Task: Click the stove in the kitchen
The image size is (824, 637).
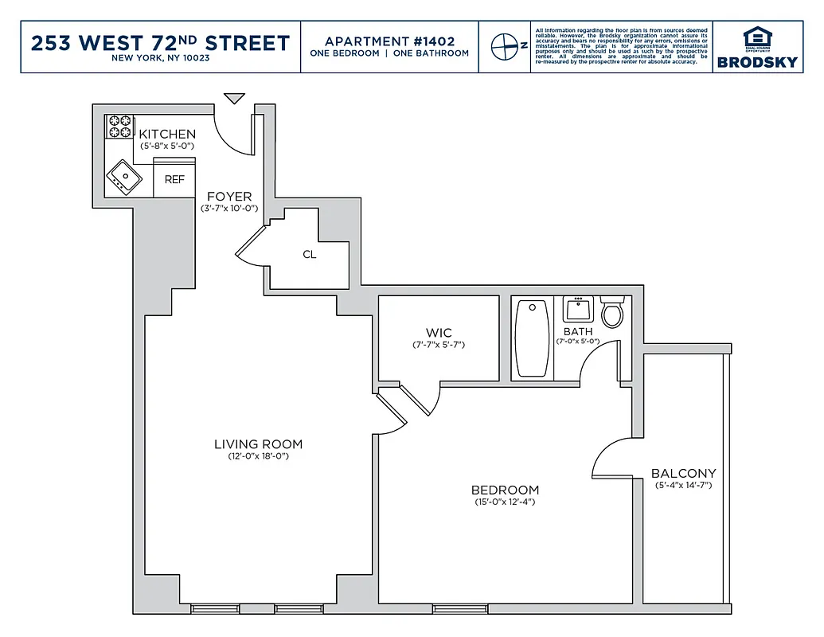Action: (x=119, y=127)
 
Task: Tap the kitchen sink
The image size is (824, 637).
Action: (x=124, y=176)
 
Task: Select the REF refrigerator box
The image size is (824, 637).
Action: (x=174, y=180)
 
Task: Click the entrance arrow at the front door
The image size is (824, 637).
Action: (x=233, y=99)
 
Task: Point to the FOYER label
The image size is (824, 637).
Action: (x=229, y=197)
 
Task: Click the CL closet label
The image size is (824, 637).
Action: (x=310, y=255)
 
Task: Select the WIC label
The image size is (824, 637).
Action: (x=439, y=333)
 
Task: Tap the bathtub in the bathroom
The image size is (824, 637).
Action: (x=532, y=338)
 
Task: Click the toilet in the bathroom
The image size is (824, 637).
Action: (x=612, y=313)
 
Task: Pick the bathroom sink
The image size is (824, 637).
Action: (x=578, y=309)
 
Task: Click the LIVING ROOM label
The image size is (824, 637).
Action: (x=258, y=444)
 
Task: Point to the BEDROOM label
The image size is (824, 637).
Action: (x=505, y=490)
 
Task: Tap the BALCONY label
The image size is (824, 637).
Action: (x=683, y=473)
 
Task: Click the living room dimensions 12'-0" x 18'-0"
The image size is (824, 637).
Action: (x=258, y=457)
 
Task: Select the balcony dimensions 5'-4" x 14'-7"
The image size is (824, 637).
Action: (x=683, y=485)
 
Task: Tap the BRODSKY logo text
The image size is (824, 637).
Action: (x=756, y=62)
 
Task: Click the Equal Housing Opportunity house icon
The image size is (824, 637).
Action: (x=756, y=37)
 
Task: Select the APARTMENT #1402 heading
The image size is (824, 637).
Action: (x=389, y=41)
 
